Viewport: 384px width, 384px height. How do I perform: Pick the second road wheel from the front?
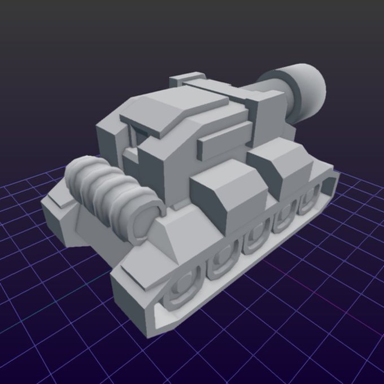[x=222, y=264]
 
